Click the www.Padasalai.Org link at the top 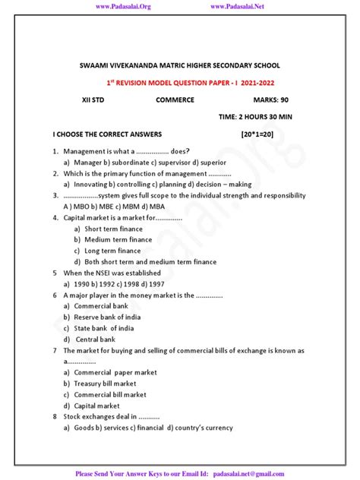tap(125, 7)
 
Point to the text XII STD tap(95, 100)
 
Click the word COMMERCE tap(175, 100)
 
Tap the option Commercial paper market tap(115, 373)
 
